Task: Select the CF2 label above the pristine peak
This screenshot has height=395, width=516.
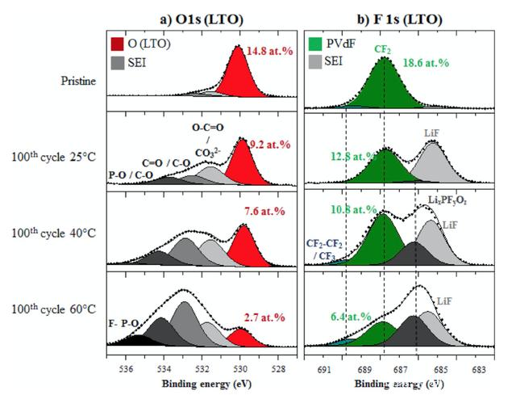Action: pos(383,48)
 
